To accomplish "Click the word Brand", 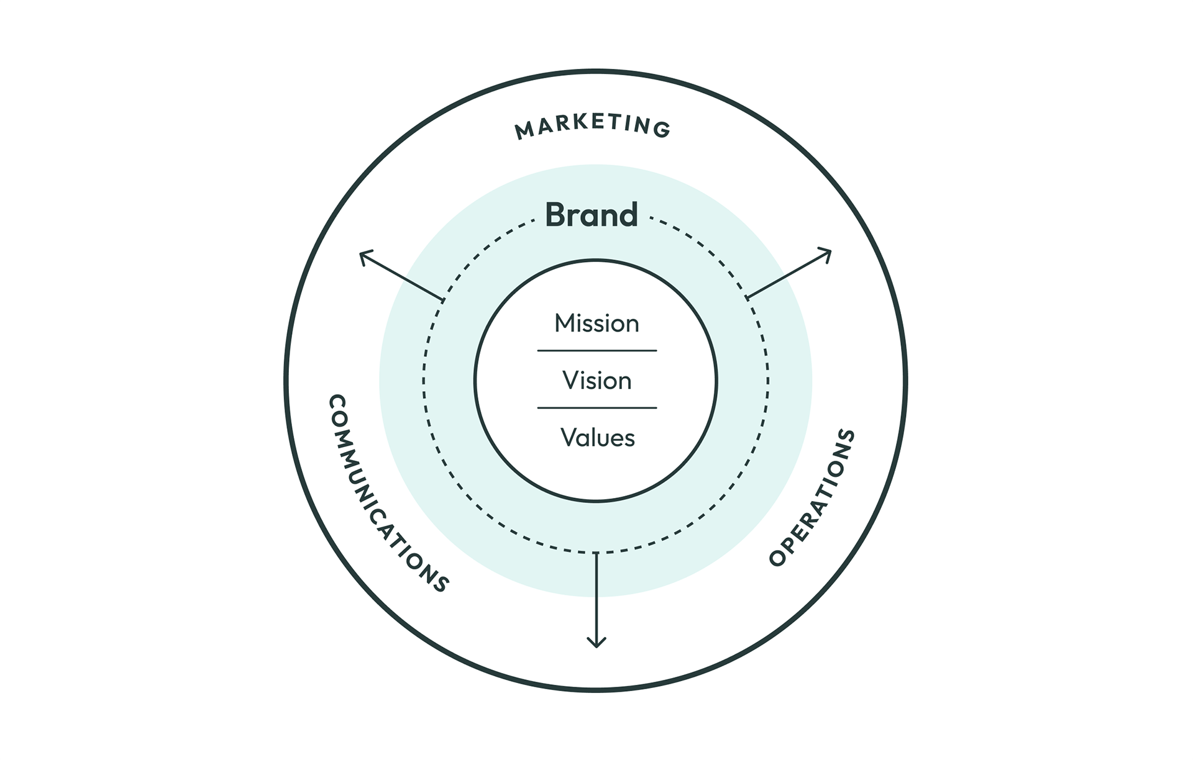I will (x=591, y=215).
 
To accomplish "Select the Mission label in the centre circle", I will (x=596, y=323).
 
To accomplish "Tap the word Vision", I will (x=596, y=381).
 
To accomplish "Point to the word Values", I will (x=597, y=438).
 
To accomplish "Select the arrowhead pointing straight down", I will (x=596, y=644).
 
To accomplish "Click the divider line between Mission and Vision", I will (x=596, y=351).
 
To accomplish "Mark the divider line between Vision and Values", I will (x=596, y=408).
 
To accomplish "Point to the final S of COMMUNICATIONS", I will (x=441, y=585).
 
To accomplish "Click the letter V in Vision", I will (x=570, y=381).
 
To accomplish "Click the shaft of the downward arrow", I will (x=596, y=596).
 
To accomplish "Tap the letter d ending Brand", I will (x=628, y=215).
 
